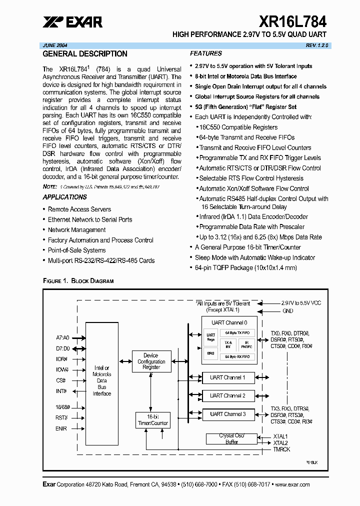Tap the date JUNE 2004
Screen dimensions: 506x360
tap(56, 45)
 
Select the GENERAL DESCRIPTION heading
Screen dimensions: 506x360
tap(85, 54)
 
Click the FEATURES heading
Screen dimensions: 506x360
tap(206, 53)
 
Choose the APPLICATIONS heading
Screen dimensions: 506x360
tap(65, 197)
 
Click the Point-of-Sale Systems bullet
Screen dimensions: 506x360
tap(77, 250)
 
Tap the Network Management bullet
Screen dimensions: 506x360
tap(76, 230)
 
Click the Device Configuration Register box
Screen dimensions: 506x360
tap(151, 361)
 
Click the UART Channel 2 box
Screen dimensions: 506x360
tap(228, 395)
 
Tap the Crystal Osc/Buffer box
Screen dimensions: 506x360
tap(228, 439)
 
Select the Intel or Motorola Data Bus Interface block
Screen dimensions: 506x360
tap(102, 380)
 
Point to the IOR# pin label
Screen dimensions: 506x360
tap(62, 358)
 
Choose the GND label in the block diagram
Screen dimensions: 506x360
tap(288, 311)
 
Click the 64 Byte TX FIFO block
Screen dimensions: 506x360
tap(237, 333)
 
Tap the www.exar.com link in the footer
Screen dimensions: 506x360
tap(292, 484)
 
